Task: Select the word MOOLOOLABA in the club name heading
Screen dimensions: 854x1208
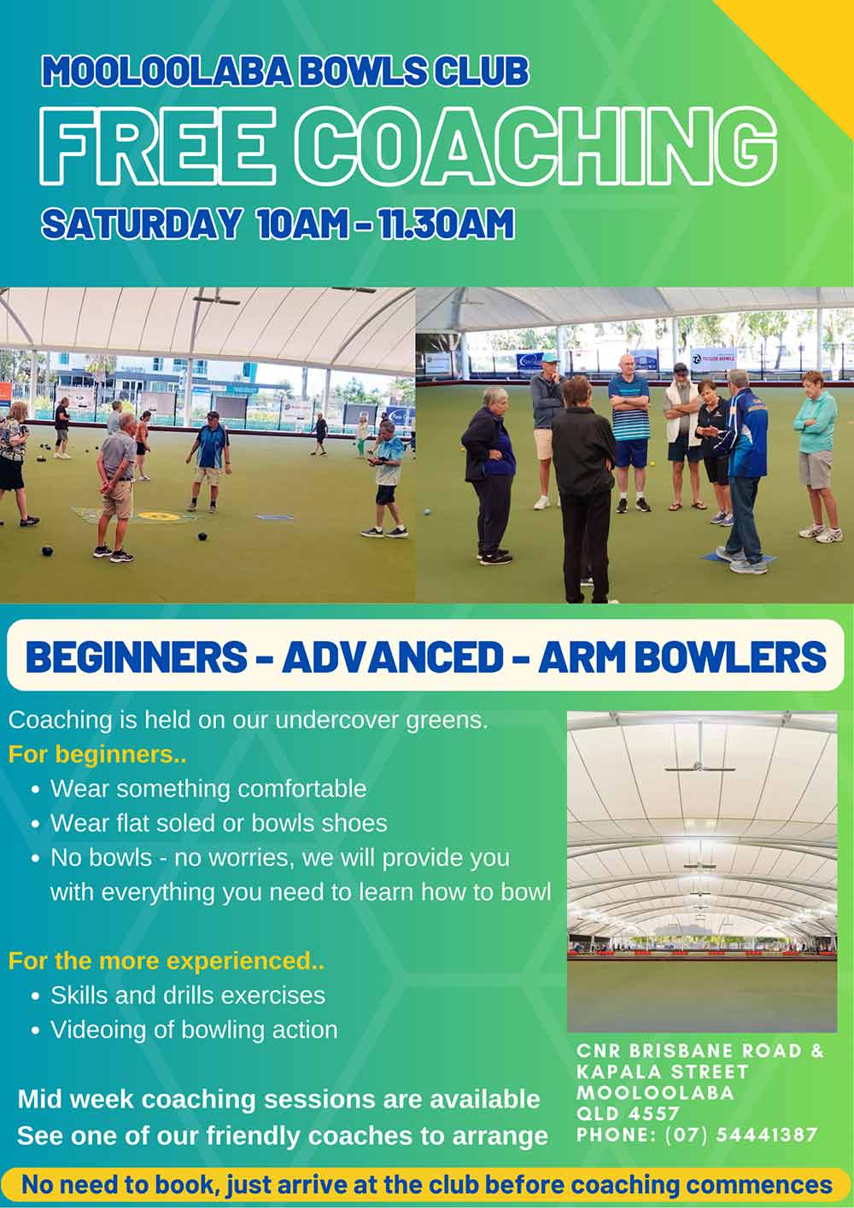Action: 167,71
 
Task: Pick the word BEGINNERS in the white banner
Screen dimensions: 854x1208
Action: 136,657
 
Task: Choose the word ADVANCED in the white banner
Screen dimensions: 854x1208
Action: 392,657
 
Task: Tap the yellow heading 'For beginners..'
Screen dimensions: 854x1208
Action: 97,754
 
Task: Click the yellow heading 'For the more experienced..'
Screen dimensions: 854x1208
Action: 167,960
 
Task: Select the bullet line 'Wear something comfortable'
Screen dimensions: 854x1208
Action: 208,789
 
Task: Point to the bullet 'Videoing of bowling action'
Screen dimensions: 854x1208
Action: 194,1030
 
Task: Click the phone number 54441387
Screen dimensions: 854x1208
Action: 767,1135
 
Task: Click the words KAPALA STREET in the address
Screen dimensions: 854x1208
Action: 663,1071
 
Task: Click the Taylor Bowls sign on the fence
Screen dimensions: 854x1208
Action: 714,358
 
